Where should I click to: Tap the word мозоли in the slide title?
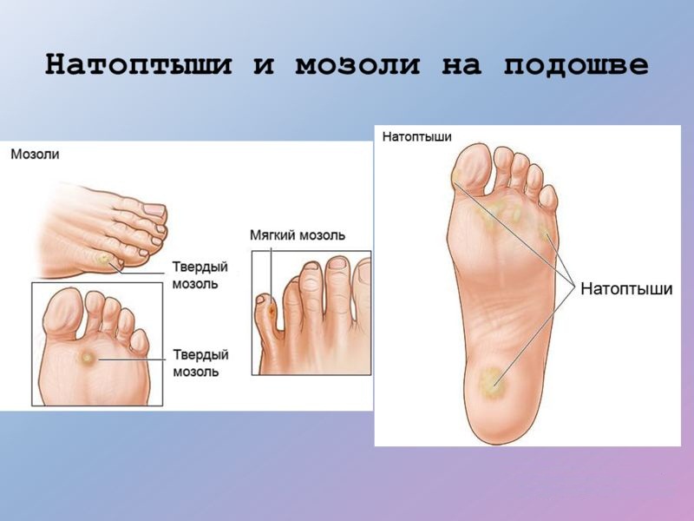pos(347,66)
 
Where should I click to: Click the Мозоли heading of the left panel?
pos(35,154)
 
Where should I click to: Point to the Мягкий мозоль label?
pos(297,235)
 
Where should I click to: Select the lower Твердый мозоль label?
pos(200,363)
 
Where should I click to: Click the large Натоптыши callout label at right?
pos(625,289)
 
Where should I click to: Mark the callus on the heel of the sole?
pos(492,379)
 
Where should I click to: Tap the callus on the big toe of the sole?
pos(457,179)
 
